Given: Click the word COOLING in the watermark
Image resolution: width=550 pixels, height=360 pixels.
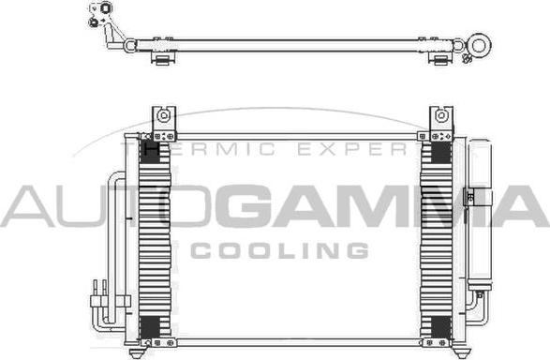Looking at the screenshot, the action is (x=279, y=250).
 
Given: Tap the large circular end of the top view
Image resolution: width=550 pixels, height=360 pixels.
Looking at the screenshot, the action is (x=479, y=46).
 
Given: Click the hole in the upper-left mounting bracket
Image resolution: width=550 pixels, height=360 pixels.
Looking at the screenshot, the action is (x=163, y=115).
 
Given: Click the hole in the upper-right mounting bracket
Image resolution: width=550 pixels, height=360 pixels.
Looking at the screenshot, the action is (x=441, y=115).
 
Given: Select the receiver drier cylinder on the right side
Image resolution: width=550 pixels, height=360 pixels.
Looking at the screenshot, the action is (x=480, y=215).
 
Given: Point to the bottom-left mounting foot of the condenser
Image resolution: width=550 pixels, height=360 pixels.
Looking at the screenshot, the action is (x=136, y=352).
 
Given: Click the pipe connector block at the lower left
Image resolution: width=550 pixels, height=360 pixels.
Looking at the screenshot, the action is (x=111, y=301).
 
